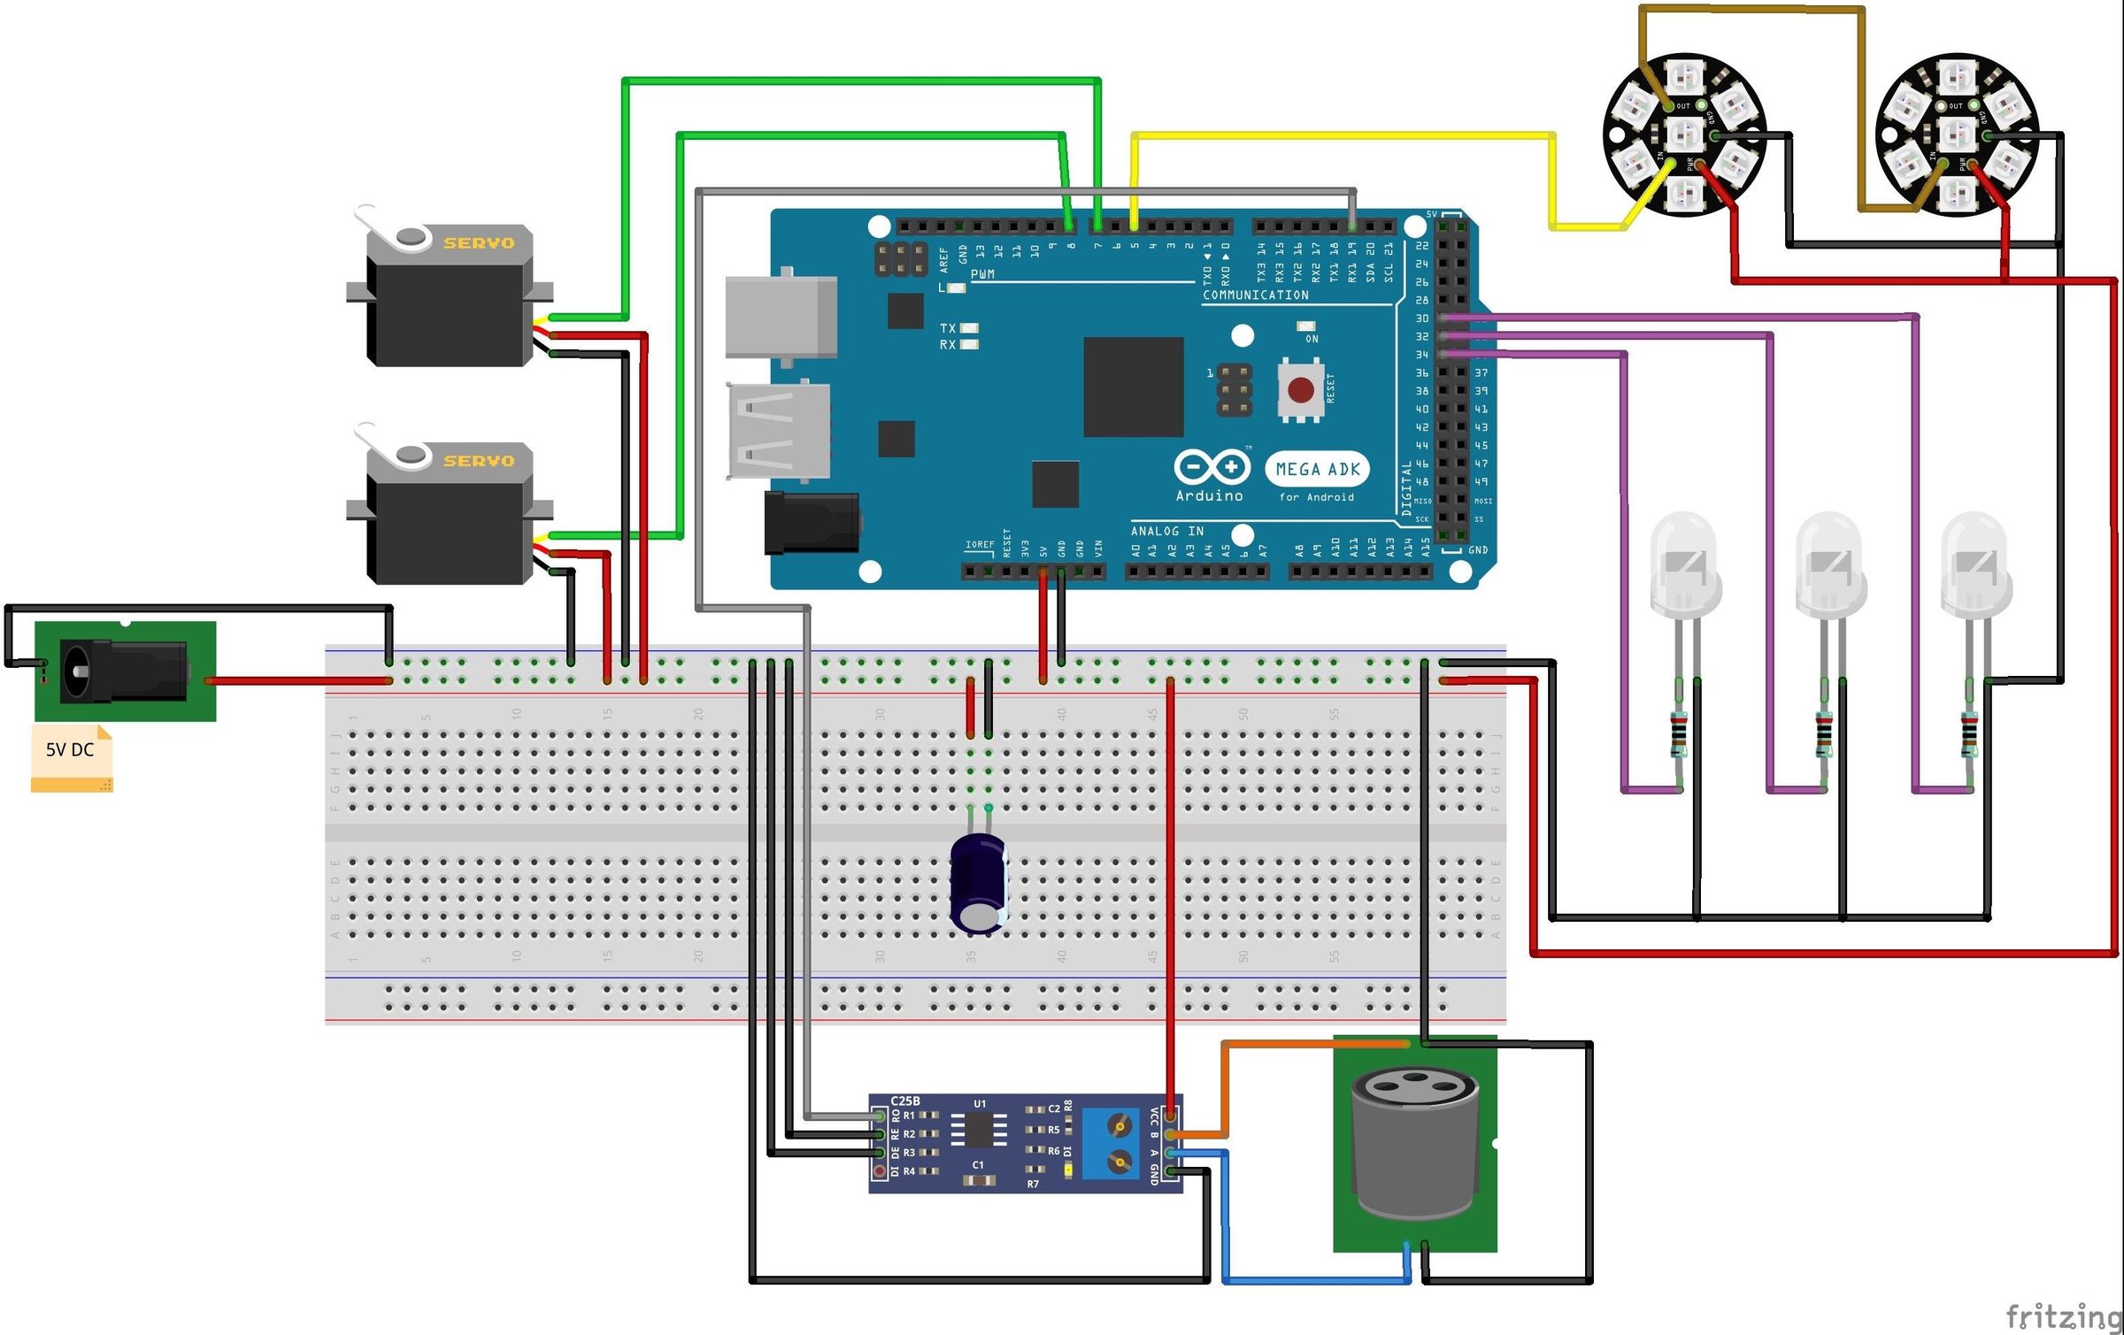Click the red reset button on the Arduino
coord(1300,390)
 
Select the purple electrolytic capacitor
coord(979,883)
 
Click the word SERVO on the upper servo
coord(479,243)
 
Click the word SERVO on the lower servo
coord(479,461)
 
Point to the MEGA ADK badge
coord(1317,469)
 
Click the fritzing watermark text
coord(2062,1316)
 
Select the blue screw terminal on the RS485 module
coord(1110,1143)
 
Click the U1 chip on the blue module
coord(978,1129)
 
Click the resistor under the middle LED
coord(1824,733)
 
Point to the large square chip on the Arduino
coord(1133,387)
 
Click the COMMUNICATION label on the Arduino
coord(1255,295)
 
